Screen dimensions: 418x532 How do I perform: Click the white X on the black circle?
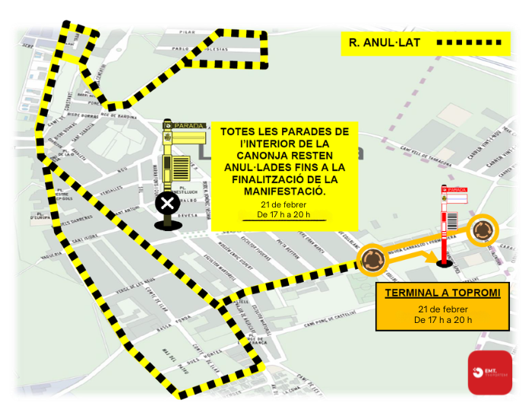click(167, 204)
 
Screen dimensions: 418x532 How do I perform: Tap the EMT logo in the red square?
click(489, 372)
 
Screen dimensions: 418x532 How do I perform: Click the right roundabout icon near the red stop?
click(482, 230)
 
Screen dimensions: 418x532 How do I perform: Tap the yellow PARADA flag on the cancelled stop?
click(189, 125)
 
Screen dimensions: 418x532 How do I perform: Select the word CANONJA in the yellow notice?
click(267, 154)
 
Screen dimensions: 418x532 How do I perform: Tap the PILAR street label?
click(187, 33)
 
